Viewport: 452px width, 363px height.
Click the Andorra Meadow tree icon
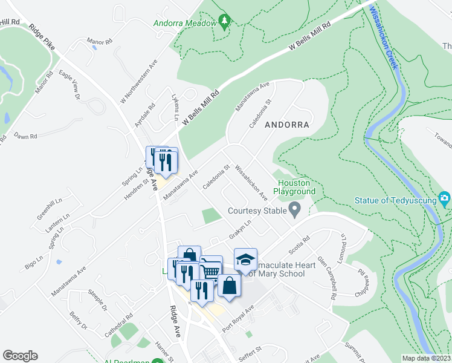point(225,22)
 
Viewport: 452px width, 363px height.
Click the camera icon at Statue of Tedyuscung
point(445,198)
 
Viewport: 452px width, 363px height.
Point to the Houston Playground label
point(296,187)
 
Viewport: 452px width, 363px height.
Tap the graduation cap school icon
point(245,259)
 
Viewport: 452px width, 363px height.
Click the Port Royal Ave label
point(238,318)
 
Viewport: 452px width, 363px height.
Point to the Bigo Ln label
point(35,263)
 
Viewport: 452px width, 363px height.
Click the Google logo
point(20,355)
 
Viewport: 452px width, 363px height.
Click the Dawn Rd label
point(25,136)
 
